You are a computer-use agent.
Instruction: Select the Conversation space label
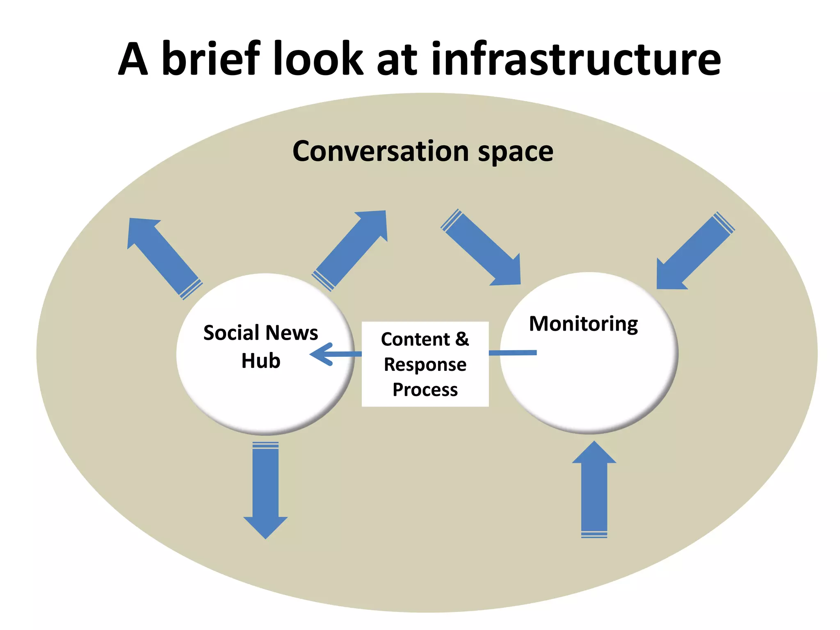(423, 151)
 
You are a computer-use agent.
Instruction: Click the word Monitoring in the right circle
(583, 324)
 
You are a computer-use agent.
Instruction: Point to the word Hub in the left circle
(261, 361)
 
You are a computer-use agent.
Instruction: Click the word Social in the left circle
(231, 333)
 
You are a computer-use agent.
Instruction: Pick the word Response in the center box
(425, 365)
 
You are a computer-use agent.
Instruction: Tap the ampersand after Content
(462, 339)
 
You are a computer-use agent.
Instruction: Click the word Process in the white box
(425, 390)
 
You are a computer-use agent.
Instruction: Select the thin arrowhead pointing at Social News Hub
(322, 354)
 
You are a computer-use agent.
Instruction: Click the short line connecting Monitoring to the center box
(513, 353)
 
